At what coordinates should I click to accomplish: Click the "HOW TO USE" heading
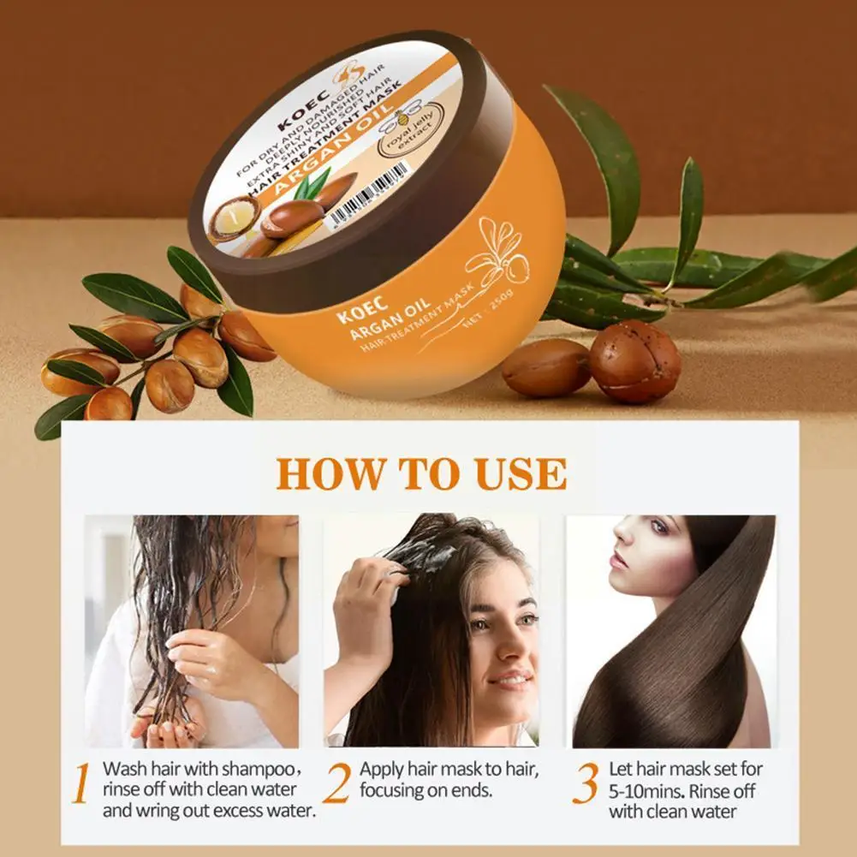coord(421,473)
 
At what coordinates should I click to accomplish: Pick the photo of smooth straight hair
coord(671,631)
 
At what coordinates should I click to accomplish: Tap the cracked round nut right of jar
coord(634,361)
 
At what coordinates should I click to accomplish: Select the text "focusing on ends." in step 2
coord(426,790)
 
